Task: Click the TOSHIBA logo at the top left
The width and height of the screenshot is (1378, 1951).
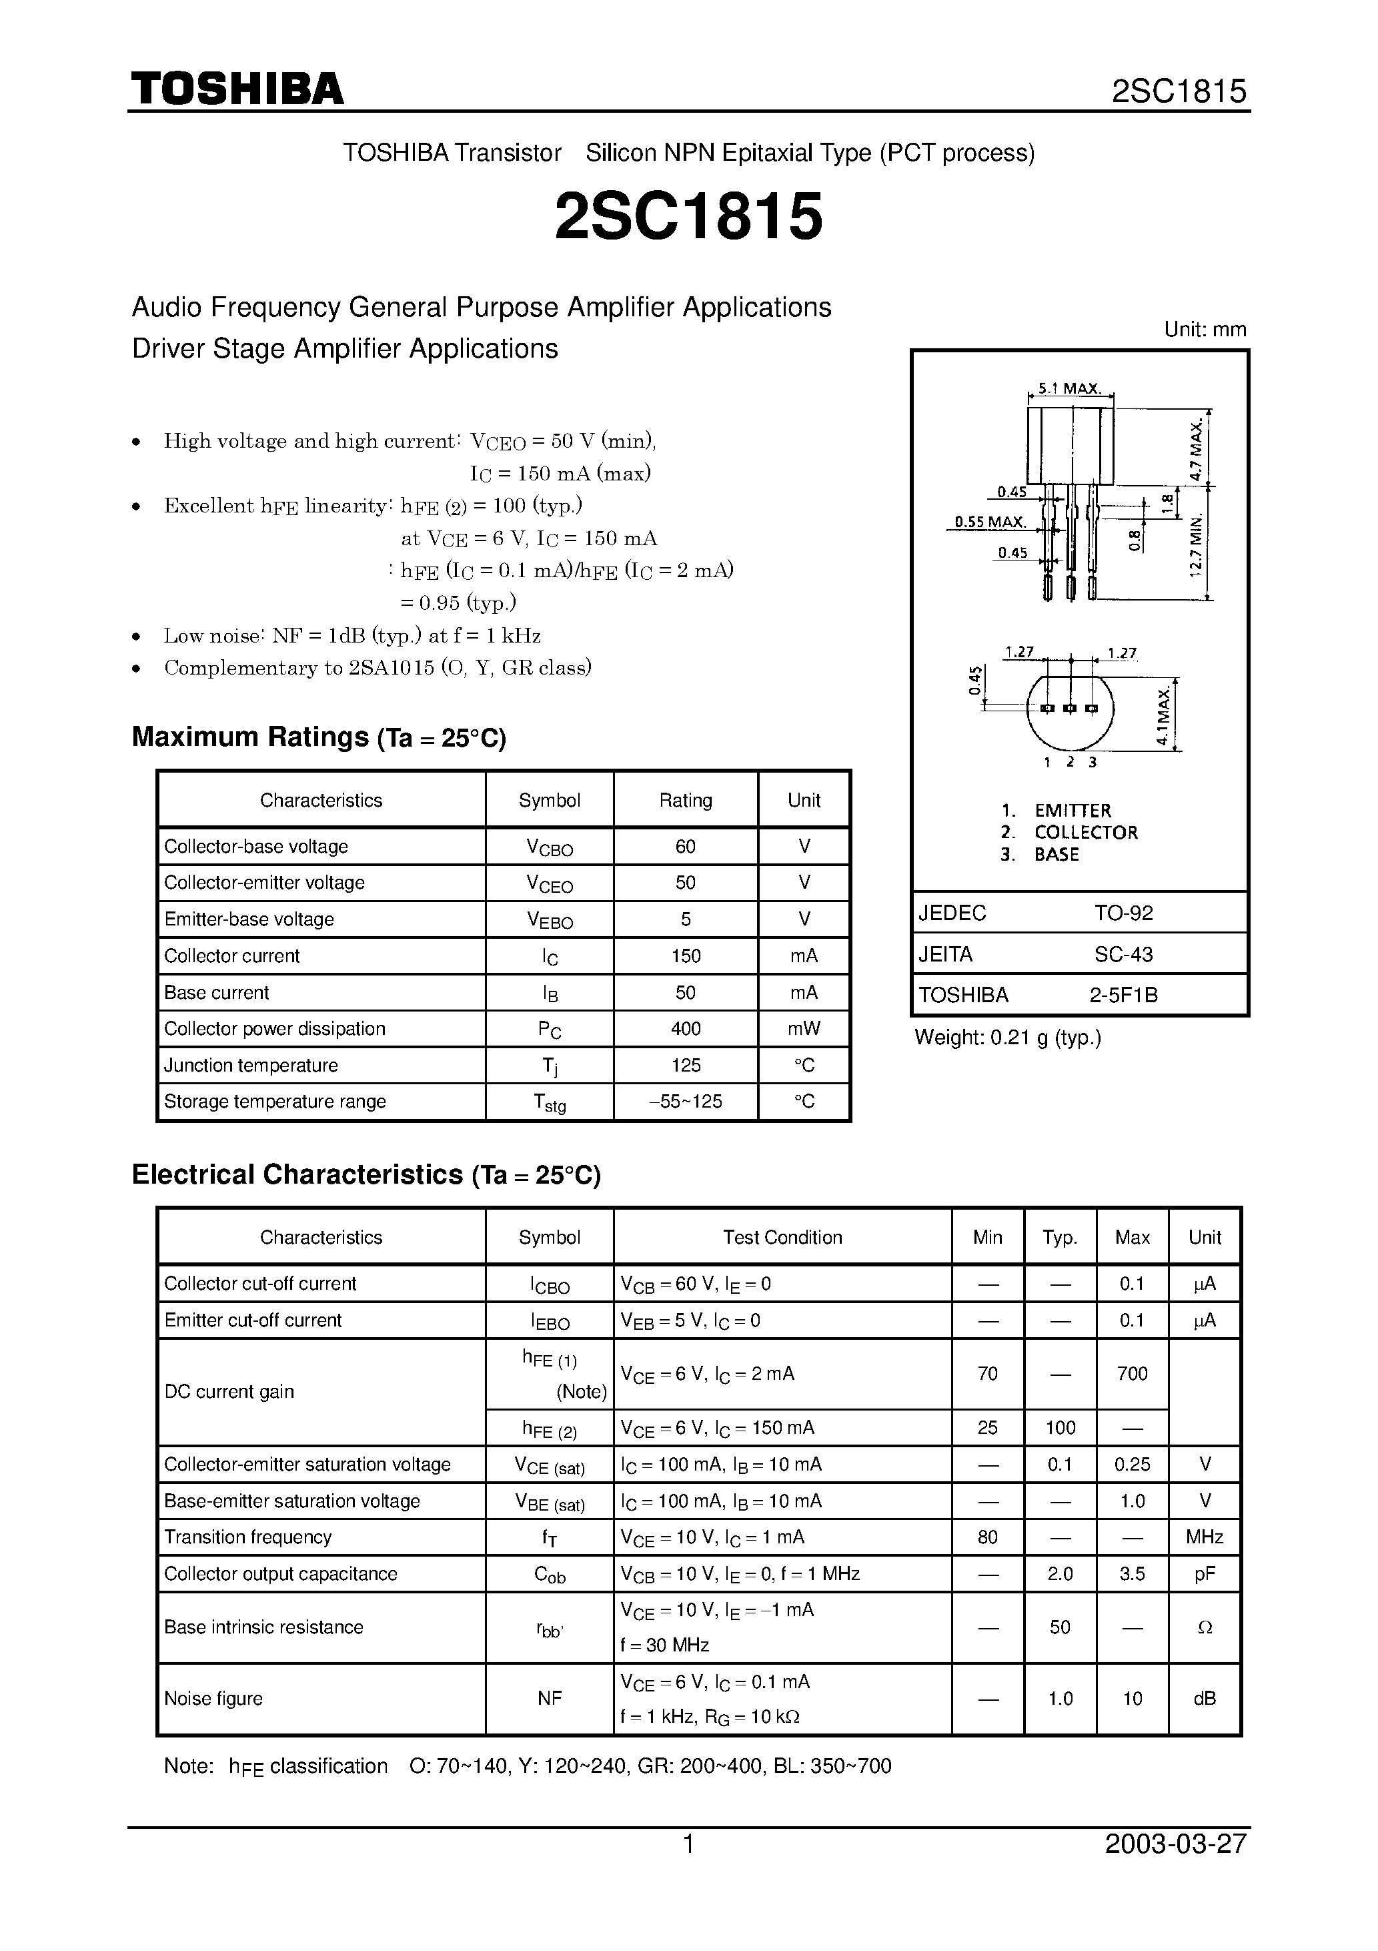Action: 237,88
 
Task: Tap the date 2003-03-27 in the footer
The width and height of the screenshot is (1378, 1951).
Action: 1176,1844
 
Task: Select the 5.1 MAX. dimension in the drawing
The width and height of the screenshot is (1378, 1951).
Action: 1070,388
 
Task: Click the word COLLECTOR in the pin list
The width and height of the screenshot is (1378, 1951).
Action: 1086,833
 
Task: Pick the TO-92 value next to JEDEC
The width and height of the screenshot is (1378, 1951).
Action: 1123,913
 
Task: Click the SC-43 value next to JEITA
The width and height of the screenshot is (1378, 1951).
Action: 1123,954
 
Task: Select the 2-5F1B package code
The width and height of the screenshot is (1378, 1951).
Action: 1123,995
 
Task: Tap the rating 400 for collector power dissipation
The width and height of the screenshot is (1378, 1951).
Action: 686,1029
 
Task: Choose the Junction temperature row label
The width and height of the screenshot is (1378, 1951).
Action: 251,1066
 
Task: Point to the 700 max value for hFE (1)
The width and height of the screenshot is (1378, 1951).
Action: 1132,1374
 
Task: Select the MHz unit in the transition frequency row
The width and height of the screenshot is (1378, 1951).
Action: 1204,1537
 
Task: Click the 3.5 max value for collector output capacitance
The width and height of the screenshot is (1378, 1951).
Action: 1132,1574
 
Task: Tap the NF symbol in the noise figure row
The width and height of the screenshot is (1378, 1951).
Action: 549,1699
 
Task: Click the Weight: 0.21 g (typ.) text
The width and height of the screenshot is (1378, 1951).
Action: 1008,1038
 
